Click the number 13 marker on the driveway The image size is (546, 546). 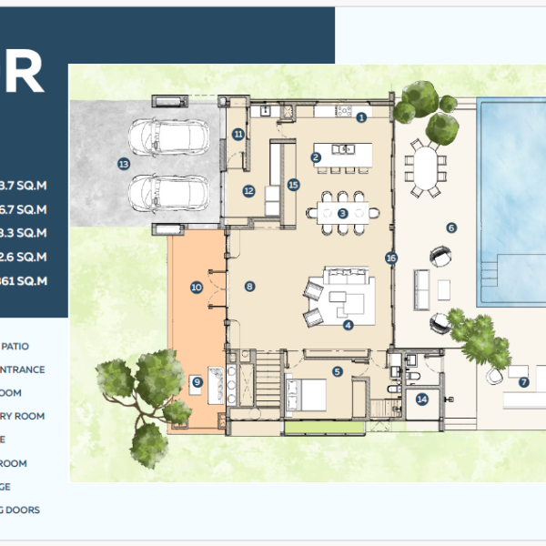pos(125,163)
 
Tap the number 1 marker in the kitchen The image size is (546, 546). pos(361,116)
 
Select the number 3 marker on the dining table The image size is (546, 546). pos(343,213)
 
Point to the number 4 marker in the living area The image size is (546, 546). pos(348,323)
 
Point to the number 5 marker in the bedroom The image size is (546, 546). pos(337,370)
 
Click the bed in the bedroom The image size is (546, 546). pos(307,394)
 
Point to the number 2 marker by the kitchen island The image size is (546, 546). pos(316,157)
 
